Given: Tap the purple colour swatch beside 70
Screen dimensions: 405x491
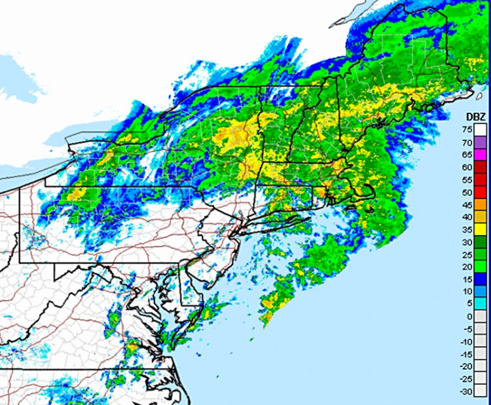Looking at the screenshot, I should click(481, 142).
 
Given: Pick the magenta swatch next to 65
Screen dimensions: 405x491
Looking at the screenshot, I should click(481, 155).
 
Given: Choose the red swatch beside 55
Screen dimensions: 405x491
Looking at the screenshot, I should click(481, 180).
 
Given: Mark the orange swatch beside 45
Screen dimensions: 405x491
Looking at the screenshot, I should click(481, 204).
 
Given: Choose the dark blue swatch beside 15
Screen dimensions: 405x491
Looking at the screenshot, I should click(481, 279).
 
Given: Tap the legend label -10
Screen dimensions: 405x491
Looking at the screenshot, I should click(467, 341).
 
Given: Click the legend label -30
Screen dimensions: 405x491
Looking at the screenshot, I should click(467, 391).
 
